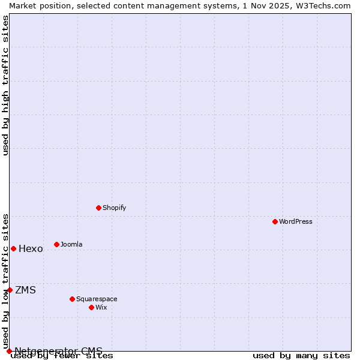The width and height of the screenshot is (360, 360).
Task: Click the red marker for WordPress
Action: point(275,221)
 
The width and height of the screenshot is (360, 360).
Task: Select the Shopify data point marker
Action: point(98,208)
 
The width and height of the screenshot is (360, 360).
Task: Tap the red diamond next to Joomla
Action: point(56,244)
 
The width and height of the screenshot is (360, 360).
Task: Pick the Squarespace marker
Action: point(72,299)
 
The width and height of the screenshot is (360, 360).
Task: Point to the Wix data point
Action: point(91,307)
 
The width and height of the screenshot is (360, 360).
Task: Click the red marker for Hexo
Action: point(13,248)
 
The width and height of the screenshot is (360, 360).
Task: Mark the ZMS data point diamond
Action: point(10,290)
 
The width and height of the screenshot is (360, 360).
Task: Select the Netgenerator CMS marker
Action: point(9,351)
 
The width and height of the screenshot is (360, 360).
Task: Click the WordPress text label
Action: point(296,221)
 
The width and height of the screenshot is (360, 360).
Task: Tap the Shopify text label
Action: point(114,208)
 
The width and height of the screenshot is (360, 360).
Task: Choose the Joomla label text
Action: point(71,244)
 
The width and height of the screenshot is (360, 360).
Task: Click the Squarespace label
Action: point(97,299)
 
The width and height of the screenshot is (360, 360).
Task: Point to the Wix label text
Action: point(101,307)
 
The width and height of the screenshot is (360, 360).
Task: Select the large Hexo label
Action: point(31,249)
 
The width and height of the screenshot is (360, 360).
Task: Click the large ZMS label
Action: point(25,290)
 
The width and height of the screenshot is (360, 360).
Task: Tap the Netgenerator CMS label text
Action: point(58,351)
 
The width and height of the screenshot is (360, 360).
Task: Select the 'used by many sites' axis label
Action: point(301,356)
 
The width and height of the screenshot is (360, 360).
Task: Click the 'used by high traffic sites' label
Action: point(5,85)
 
